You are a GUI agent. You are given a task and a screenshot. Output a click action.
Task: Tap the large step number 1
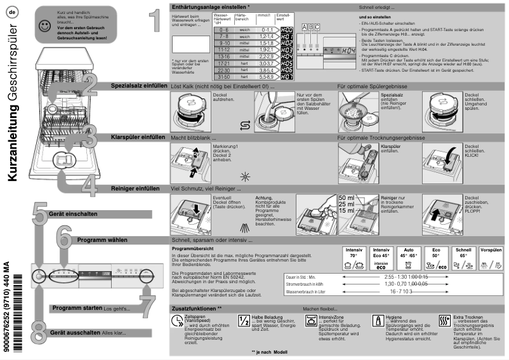[149, 22]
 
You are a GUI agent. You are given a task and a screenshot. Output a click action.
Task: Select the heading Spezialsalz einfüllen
[139, 84]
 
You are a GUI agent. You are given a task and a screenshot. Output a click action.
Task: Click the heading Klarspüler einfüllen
[138, 137]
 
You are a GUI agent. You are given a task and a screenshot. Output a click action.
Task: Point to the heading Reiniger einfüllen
[135, 189]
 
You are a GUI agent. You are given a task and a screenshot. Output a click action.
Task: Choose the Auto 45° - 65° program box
[410, 259]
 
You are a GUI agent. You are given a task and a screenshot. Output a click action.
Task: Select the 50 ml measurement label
[347, 198]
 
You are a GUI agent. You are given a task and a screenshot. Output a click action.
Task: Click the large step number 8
[39, 332]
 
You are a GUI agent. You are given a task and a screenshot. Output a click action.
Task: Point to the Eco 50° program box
[437, 259]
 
